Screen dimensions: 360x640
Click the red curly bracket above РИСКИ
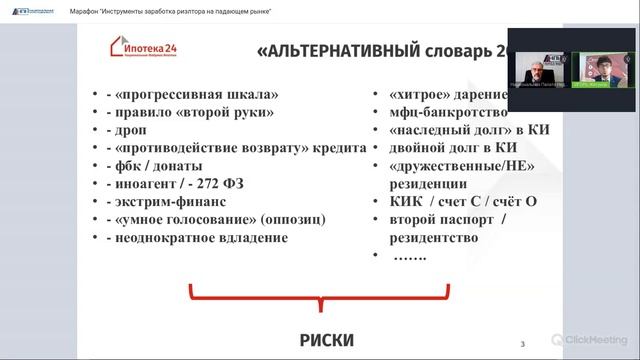[326, 299]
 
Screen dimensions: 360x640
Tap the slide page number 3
[523, 345]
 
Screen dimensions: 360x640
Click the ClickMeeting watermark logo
[594, 340]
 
